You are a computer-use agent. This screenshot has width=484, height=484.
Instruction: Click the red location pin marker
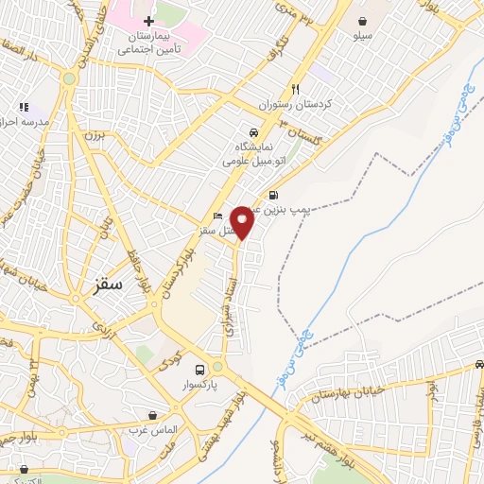click(x=243, y=220)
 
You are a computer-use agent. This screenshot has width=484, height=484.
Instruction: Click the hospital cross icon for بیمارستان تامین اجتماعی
click(x=148, y=21)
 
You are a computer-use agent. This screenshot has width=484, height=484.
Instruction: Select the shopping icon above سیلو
click(x=363, y=20)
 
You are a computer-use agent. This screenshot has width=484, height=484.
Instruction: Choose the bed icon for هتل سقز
click(x=218, y=216)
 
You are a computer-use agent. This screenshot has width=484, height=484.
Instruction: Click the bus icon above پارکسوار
click(x=199, y=370)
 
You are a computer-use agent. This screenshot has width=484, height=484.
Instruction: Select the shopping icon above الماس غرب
click(x=153, y=415)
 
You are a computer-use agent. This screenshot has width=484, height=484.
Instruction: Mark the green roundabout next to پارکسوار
click(x=217, y=366)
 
